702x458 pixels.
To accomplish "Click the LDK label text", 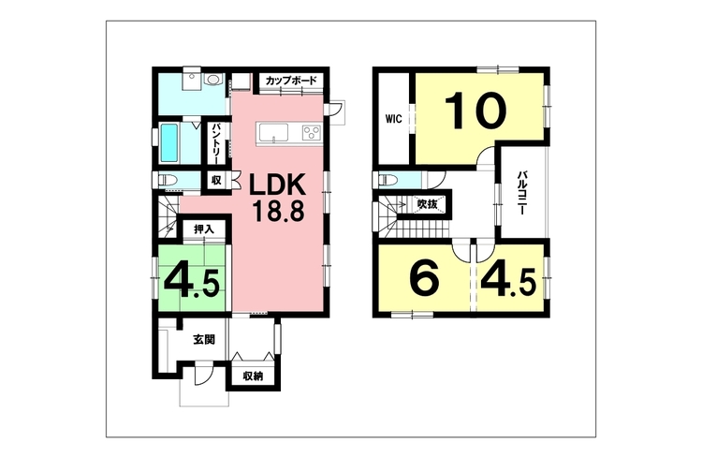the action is [277, 185].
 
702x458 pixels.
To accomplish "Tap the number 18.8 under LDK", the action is [278, 211].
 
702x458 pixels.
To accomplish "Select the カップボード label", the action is [291, 81].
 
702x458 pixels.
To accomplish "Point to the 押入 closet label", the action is [204, 229].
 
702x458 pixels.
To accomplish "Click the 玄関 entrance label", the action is [204, 340].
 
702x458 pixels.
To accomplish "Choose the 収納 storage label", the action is [253, 377].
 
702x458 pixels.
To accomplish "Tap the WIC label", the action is [394, 119].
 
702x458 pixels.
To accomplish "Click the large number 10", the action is [475, 111].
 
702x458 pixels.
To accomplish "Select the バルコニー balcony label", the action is [521, 193].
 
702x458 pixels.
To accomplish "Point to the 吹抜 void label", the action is [427, 204].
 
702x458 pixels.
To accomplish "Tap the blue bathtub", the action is [169, 143].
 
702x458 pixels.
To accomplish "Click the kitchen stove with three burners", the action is [312, 133].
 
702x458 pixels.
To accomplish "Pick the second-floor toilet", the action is [388, 181].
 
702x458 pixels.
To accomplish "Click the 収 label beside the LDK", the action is [217, 181].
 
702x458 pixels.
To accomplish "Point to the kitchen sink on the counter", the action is [273, 133].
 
